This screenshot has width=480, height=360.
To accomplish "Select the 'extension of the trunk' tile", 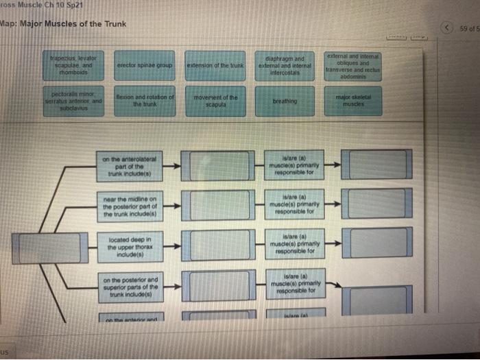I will [216, 64].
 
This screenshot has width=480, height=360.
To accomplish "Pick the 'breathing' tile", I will [285, 101].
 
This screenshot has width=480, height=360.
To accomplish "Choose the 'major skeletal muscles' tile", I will [353, 101].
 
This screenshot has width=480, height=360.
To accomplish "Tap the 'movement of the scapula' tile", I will [216, 101].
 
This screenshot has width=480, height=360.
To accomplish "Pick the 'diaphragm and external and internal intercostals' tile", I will [285, 64].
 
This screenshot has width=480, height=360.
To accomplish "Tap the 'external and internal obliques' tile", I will [353, 64].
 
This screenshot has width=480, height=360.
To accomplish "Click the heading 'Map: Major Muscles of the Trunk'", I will [63, 24].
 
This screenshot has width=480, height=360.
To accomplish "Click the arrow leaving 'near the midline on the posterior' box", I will [174, 204].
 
